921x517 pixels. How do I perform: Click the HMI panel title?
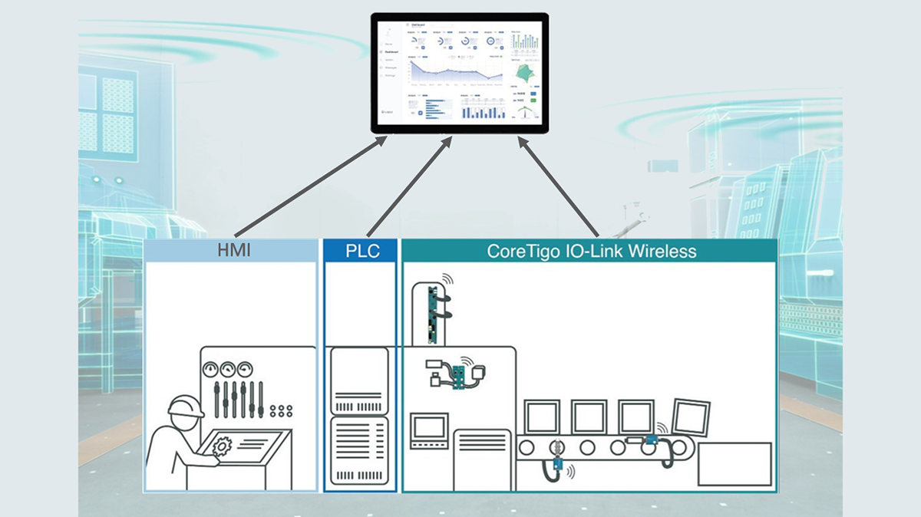point(231,251)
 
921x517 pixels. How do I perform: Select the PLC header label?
point(362,251)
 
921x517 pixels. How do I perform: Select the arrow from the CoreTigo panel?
point(559,185)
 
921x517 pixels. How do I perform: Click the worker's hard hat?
point(186,407)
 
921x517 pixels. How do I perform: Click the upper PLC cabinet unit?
point(358,381)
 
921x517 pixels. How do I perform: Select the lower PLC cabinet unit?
point(358,453)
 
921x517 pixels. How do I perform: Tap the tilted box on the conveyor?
point(688,417)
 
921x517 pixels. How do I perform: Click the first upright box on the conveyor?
point(543,417)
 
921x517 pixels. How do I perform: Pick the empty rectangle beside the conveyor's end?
point(734,463)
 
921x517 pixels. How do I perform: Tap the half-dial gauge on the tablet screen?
point(523,113)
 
